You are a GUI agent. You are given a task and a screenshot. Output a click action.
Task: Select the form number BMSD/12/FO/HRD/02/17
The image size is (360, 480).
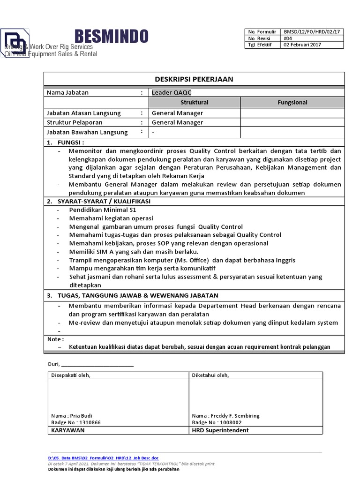311,31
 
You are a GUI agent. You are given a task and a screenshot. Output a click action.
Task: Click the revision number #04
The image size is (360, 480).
286,38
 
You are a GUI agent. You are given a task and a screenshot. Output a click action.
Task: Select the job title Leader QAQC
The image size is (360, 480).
168,92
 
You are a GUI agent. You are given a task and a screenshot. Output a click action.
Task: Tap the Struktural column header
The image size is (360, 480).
194,102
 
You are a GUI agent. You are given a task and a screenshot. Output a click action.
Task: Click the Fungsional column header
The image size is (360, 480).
292,102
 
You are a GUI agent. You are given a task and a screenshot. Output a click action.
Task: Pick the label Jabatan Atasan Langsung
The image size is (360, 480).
84,113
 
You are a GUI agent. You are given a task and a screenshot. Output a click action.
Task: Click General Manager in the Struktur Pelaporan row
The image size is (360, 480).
177,122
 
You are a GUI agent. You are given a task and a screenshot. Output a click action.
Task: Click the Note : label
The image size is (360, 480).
56,339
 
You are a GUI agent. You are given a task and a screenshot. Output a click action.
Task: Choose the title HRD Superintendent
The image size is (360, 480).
220,430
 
